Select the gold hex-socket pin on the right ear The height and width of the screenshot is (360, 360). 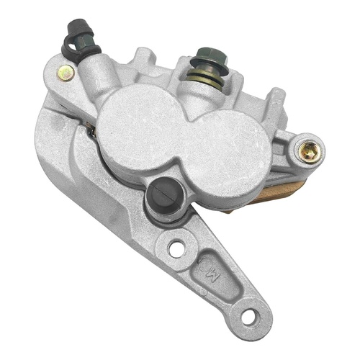310,150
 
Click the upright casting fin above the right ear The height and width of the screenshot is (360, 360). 276,101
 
